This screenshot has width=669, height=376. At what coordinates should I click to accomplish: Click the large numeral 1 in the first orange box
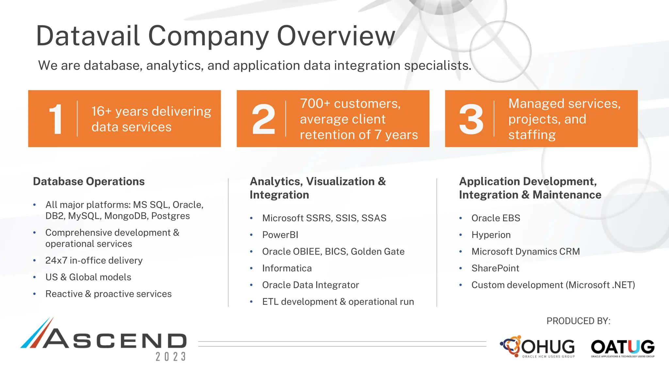56,119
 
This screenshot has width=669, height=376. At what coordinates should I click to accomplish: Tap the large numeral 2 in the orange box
263,119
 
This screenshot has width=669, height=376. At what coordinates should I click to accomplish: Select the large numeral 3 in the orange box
471,119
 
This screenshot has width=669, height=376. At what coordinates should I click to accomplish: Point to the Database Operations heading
89,181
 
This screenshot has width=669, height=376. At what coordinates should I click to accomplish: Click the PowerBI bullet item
280,235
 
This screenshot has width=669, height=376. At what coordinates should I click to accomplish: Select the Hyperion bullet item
491,235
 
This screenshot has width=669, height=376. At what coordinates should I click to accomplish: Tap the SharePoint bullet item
495,268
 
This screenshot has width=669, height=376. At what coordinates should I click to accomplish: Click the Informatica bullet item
286,268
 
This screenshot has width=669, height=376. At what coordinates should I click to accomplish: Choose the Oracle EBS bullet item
496,218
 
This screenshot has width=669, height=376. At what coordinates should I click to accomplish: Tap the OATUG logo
623,347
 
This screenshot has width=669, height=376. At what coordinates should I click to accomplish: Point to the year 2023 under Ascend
171,357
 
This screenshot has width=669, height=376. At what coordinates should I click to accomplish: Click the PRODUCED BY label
578,321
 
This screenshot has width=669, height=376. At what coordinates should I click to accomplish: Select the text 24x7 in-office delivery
94,260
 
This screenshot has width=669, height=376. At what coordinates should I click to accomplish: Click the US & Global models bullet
88,277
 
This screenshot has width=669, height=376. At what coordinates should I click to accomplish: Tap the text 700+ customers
350,103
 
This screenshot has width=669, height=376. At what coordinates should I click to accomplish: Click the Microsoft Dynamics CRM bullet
525,252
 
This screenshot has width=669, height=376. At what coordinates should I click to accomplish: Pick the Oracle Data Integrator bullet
310,285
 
